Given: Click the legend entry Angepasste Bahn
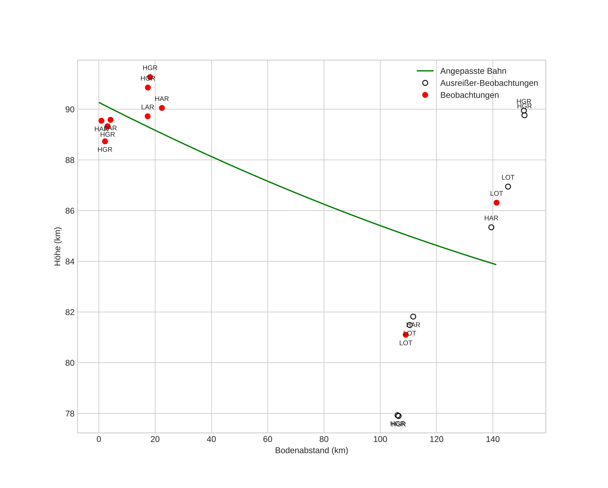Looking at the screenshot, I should [x=473, y=71].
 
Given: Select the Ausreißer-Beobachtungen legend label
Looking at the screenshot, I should [x=489, y=83].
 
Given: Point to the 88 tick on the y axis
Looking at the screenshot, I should [x=70, y=160].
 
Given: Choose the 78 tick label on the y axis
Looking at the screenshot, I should [x=70, y=414].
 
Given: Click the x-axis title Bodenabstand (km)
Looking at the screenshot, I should [x=311, y=450].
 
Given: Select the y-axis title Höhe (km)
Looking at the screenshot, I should [x=58, y=246].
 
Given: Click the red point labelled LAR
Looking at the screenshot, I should [x=147, y=116].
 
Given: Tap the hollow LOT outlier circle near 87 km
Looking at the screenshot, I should [x=508, y=187].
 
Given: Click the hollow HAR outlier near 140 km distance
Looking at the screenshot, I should [x=491, y=227].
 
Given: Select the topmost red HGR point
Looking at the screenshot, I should [x=150, y=77].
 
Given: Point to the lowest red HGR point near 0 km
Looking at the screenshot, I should [x=105, y=141].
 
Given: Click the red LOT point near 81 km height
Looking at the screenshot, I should [x=406, y=335].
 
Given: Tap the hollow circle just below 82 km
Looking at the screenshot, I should [x=413, y=317].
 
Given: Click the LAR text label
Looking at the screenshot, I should [x=147, y=107].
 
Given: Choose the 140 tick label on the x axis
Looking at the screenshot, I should [x=493, y=439].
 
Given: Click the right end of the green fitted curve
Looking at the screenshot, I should [x=496, y=265].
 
